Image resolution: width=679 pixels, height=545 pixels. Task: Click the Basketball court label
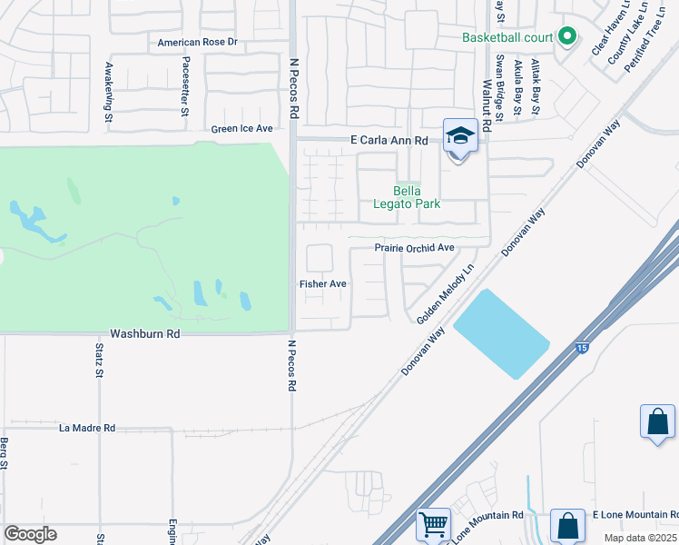click(507, 37)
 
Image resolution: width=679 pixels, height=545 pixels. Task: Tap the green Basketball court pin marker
click(567, 36)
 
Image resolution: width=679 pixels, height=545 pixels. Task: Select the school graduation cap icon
click(460, 137)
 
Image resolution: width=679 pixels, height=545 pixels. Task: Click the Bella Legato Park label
click(417, 197)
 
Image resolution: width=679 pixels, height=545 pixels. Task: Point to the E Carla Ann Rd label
click(389, 141)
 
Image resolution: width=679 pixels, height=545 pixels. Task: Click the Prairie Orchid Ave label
click(414, 248)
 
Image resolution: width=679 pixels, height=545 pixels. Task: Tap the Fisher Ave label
click(323, 284)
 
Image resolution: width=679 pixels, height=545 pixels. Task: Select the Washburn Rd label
click(145, 334)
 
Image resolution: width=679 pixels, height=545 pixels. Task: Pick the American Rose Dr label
click(197, 43)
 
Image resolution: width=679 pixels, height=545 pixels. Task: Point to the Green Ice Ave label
click(241, 129)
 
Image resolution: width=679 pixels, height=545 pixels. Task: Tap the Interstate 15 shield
click(580, 348)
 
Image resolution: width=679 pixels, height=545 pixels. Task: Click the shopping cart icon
click(433, 525)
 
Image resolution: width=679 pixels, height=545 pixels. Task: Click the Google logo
click(30, 534)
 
